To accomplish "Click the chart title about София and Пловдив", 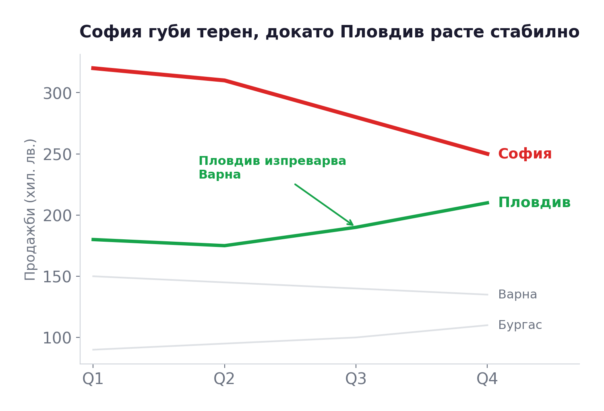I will (329, 32).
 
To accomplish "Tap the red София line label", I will (525, 154).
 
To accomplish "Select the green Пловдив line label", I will (534, 203).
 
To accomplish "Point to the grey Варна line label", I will (517, 295).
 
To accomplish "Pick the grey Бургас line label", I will (520, 325).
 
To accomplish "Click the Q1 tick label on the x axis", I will (93, 379).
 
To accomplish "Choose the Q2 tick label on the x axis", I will (224, 379).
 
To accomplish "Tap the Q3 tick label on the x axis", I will (356, 379).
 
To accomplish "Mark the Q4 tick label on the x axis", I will (487, 379).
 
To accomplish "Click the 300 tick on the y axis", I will (57, 94).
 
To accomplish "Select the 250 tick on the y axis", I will (57, 155).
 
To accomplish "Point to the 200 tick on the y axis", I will (57, 216).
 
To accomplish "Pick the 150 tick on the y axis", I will (57, 277).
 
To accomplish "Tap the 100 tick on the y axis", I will (57, 339).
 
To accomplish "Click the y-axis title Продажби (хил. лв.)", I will (30, 209).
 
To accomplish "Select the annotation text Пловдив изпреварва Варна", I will (272, 168).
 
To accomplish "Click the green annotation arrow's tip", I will (353, 225).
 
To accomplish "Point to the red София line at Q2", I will (224, 80).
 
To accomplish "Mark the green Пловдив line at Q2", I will (224, 245).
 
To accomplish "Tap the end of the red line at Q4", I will (487, 154).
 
